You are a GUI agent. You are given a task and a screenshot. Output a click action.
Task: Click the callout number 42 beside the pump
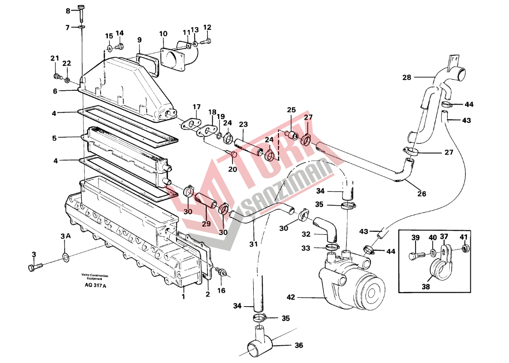pos(291,297)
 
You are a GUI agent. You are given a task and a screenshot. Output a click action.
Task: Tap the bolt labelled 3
pos(35,267)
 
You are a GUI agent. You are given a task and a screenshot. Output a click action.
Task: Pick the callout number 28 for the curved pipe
pos(407,77)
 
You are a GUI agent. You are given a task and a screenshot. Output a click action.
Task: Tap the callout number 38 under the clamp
pos(426,287)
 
